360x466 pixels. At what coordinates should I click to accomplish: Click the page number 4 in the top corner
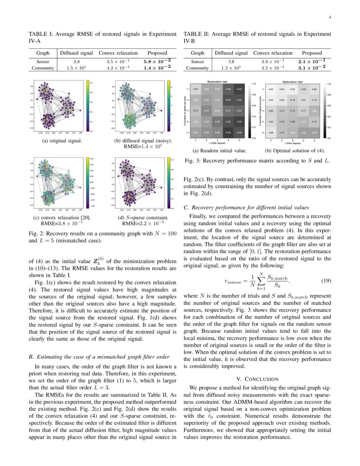point(330,17)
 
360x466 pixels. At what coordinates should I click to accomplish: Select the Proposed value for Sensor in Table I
point(157,61)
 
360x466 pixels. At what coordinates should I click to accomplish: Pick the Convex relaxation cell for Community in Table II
point(273,68)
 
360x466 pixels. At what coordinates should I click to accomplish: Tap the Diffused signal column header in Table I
point(76,53)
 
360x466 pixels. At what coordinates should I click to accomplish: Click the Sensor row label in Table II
point(197,61)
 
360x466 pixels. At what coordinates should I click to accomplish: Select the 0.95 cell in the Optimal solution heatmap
point(271,89)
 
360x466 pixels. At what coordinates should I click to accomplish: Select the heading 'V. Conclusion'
point(257,379)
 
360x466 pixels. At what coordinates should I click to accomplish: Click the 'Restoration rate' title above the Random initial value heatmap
point(217,81)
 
